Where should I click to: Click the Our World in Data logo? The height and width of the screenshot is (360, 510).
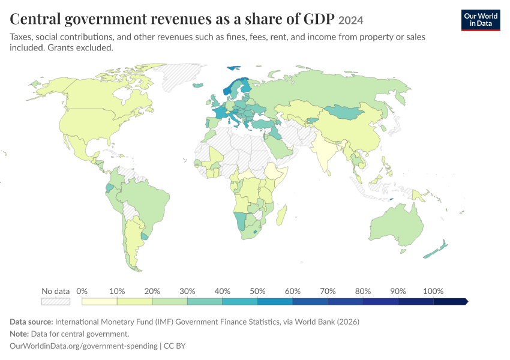pyautogui.click(x=481, y=20)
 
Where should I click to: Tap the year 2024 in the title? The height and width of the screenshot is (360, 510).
pyautogui.click(x=350, y=20)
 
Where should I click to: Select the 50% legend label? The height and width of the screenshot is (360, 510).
pyautogui.click(x=257, y=291)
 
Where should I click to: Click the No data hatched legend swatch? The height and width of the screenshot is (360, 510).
pyautogui.click(x=56, y=301)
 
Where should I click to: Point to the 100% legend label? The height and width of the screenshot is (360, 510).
pyautogui.click(x=433, y=291)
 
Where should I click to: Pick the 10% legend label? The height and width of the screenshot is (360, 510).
pyautogui.click(x=117, y=291)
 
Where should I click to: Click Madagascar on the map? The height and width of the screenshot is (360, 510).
pyautogui.click(x=281, y=215)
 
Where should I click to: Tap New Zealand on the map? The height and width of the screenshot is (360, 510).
pyautogui.click(x=436, y=250)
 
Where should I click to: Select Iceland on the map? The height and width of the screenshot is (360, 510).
pyautogui.click(x=198, y=85)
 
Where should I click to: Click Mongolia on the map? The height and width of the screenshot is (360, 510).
pyautogui.click(x=344, y=112)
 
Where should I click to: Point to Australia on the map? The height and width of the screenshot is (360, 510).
pyautogui.click(x=396, y=225)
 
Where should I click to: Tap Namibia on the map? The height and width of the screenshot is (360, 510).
pyautogui.click(x=241, y=221)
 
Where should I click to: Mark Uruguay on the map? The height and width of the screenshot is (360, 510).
pyautogui.click(x=145, y=235)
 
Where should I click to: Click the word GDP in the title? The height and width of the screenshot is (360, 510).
pyautogui.click(x=319, y=19)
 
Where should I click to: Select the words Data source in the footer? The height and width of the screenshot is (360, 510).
pyautogui.click(x=31, y=322)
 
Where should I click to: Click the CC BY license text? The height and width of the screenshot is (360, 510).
pyautogui.click(x=175, y=346)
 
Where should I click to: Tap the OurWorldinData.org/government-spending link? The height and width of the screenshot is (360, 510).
pyautogui.click(x=83, y=346)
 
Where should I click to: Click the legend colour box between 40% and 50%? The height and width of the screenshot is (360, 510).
pyautogui.click(x=240, y=301)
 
